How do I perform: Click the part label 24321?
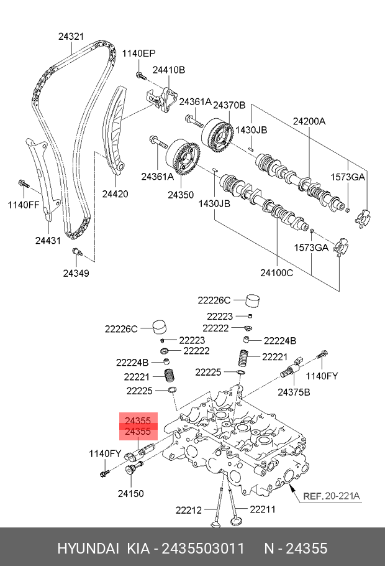click(x=71, y=37)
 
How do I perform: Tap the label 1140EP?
click(x=139, y=53)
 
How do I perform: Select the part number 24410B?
click(x=169, y=70)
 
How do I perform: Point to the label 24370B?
click(x=229, y=105)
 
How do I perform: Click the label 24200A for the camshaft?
click(x=309, y=121)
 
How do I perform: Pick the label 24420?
click(x=115, y=194)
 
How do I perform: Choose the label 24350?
click(x=181, y=195)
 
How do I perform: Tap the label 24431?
click(x=48, y=240)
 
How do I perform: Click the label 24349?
click(x=76, y=273)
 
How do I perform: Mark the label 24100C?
click(x=277, y=273)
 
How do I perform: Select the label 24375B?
click(x=294, y=392)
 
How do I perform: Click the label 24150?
click(x=131, y=493)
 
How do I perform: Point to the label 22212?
click(x=189, y=510)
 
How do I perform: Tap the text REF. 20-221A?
click(x=332, y=496)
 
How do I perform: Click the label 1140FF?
click(x=24, y=205)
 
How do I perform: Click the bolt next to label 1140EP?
click(x=140, y=76)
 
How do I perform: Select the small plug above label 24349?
click(x=78, y=252)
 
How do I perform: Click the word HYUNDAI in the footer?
click(x=88, y=549)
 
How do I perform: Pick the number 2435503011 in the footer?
click(x=203, y=549)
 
